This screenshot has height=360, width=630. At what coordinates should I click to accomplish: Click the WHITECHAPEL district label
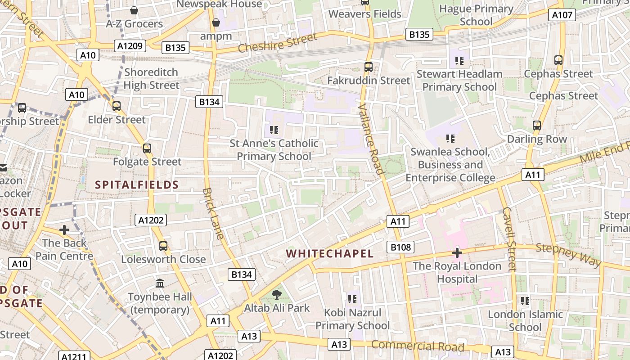330,254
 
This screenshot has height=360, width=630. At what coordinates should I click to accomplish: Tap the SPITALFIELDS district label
137,185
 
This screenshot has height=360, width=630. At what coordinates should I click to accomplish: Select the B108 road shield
400,247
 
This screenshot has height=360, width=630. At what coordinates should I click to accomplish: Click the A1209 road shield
130,45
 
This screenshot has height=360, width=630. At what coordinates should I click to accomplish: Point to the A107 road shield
562,15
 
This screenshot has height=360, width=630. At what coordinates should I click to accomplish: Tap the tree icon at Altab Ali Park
276,295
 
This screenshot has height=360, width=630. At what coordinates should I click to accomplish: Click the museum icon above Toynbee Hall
160,283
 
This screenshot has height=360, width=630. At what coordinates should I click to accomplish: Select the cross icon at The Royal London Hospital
457,253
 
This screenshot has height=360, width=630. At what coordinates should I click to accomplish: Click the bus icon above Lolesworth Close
163,246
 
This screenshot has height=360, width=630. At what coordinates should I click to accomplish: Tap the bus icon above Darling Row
536,126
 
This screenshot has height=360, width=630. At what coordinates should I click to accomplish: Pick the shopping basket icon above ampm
216,22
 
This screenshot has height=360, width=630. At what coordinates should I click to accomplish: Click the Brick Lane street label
213,213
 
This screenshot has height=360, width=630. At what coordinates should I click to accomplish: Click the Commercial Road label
418,346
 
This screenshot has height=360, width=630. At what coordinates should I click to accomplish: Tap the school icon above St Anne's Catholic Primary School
274,130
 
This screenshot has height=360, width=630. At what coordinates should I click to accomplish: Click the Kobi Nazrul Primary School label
352,319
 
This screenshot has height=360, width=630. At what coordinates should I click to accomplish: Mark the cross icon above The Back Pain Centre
64,230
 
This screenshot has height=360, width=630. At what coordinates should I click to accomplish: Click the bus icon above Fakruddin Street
369,67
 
